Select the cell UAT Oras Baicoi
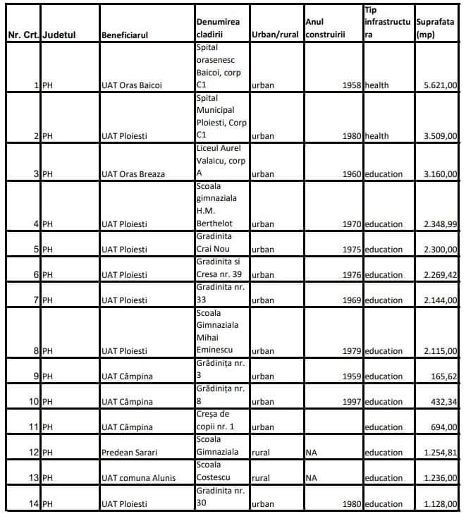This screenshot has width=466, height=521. coord(132,86)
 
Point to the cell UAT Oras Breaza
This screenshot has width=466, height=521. coord(133,174)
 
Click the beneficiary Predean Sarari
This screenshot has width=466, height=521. coord(130,453)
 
